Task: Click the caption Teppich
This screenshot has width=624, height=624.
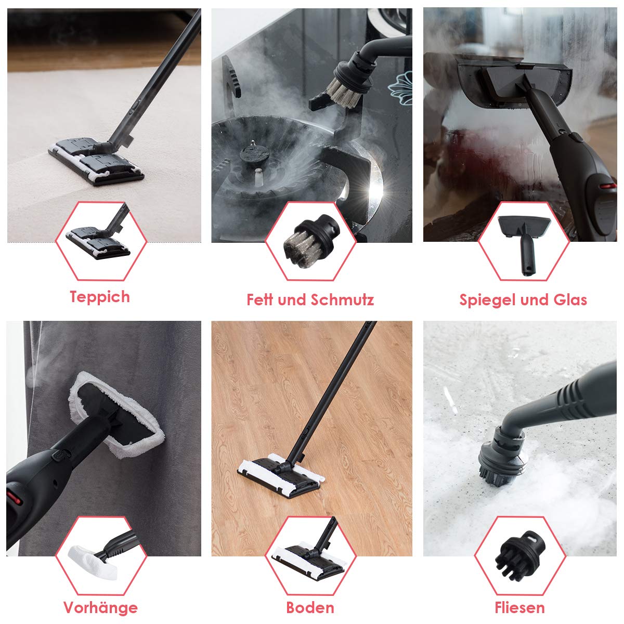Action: [x=100, y=297]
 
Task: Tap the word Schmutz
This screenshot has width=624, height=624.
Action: [x=342, y=300]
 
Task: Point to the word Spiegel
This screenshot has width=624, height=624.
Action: [x=488, y=300]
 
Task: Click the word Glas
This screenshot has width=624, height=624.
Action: [x=570, y=300]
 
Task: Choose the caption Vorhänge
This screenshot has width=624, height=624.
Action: [x=100, y=607]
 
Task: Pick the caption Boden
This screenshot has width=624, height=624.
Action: [x=310, y=608]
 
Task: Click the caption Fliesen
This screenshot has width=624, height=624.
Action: [x=519, y=608]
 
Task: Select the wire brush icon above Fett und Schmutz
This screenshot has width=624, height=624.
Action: [x=311, y=241]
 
